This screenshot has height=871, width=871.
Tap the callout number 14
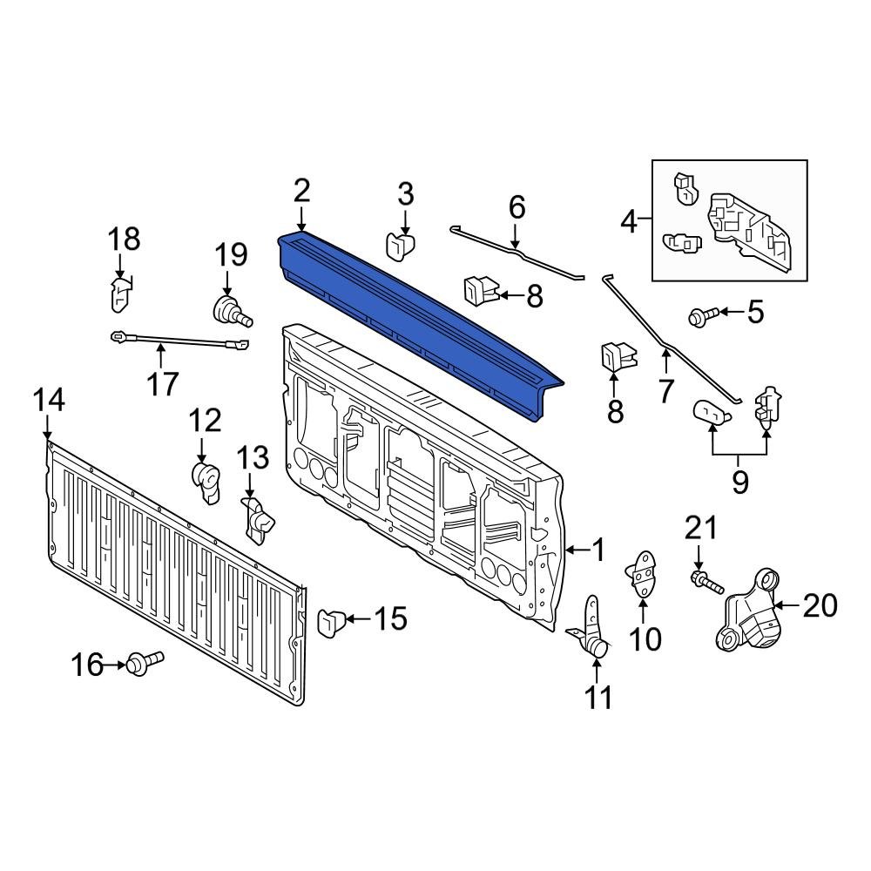tap(49, 401)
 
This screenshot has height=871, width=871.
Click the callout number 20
tap(819, 605)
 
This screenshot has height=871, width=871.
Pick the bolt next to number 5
tap(702, 315)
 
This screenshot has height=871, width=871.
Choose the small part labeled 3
tap(400, 246)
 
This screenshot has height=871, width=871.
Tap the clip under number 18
tap(120, 294)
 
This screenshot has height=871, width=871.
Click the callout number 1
tap(598, 550)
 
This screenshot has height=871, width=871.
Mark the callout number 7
tap(666, 392)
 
